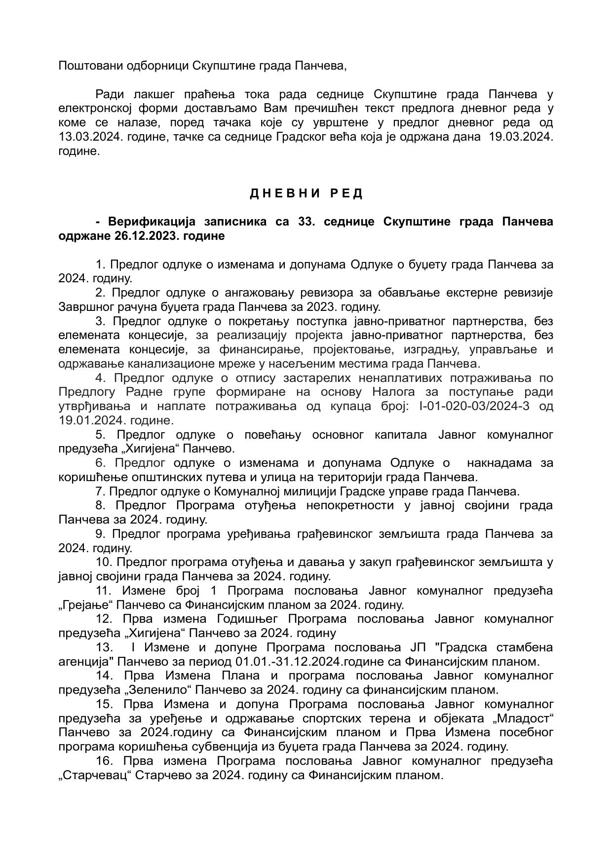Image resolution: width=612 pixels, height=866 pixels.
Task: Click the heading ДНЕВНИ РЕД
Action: click(306, 193)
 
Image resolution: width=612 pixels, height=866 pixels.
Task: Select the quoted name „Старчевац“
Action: click(94, 776)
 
